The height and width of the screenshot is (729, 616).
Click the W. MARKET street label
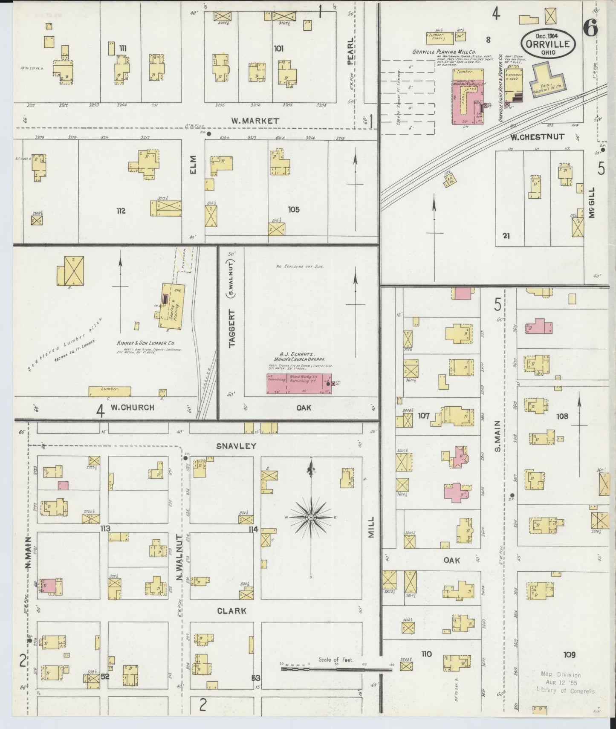[x=255, y=121]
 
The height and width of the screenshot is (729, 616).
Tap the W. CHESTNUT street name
[x=537, y=137]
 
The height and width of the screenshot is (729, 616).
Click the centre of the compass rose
[x=311, y=517]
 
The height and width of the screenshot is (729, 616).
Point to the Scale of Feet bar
[x=336, y=669]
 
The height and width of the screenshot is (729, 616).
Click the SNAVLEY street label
[x=236, y=446]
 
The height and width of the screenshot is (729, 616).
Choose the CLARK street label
[x=231, y=610]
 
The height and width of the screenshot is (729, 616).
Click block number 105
[x=293, y=209]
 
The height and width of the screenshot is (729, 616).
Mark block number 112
[x=121, y=211]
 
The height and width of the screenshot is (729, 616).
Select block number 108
[x=562, y=416]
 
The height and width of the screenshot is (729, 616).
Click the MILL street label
[x=370, y=527]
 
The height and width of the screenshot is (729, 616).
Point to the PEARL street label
[x=350, y=51]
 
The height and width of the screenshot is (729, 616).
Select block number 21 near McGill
[x=506, y=235]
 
